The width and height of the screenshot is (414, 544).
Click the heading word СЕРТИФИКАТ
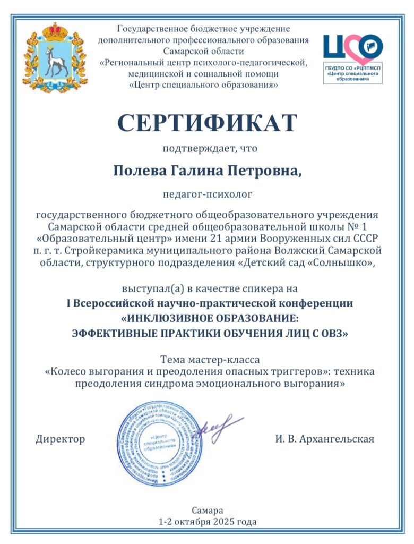pos(207,123)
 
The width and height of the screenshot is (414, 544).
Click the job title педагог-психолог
pos(207,194)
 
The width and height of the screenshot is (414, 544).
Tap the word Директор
pos(60,439)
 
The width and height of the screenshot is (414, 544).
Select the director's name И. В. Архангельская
pos(325,439)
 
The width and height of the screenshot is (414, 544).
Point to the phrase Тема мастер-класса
pos(207,360)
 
